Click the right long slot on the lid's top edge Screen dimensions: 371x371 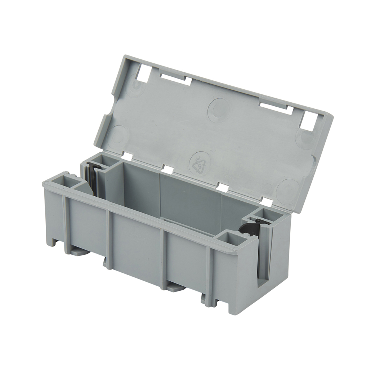tap(276, 107)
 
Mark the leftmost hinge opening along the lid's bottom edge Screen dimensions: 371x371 tap(127, 156)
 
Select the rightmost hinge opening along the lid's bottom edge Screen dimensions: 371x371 tap(267, 201)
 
